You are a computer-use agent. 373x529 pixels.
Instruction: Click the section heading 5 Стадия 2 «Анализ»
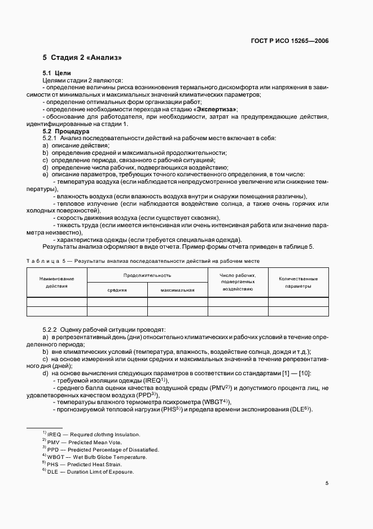tap(82, 58)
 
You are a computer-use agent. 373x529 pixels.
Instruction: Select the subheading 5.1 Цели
tap(56, 73)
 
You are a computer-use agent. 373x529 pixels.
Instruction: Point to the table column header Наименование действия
tap(56, 282)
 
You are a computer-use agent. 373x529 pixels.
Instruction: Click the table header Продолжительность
tap(147, 275)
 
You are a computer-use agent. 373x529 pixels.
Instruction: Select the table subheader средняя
tap(117, 290)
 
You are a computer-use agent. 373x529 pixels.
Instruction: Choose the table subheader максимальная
tap(177, 290)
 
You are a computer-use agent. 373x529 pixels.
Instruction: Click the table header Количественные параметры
tap(298, 282)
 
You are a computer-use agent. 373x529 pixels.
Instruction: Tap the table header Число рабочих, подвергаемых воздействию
tap(238, 281)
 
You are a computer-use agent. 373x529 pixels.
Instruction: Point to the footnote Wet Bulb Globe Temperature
tap(96, 457)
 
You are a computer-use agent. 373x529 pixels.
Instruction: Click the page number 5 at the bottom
tap(327, 483)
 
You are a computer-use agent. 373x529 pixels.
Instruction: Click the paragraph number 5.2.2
tap(52, 328)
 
